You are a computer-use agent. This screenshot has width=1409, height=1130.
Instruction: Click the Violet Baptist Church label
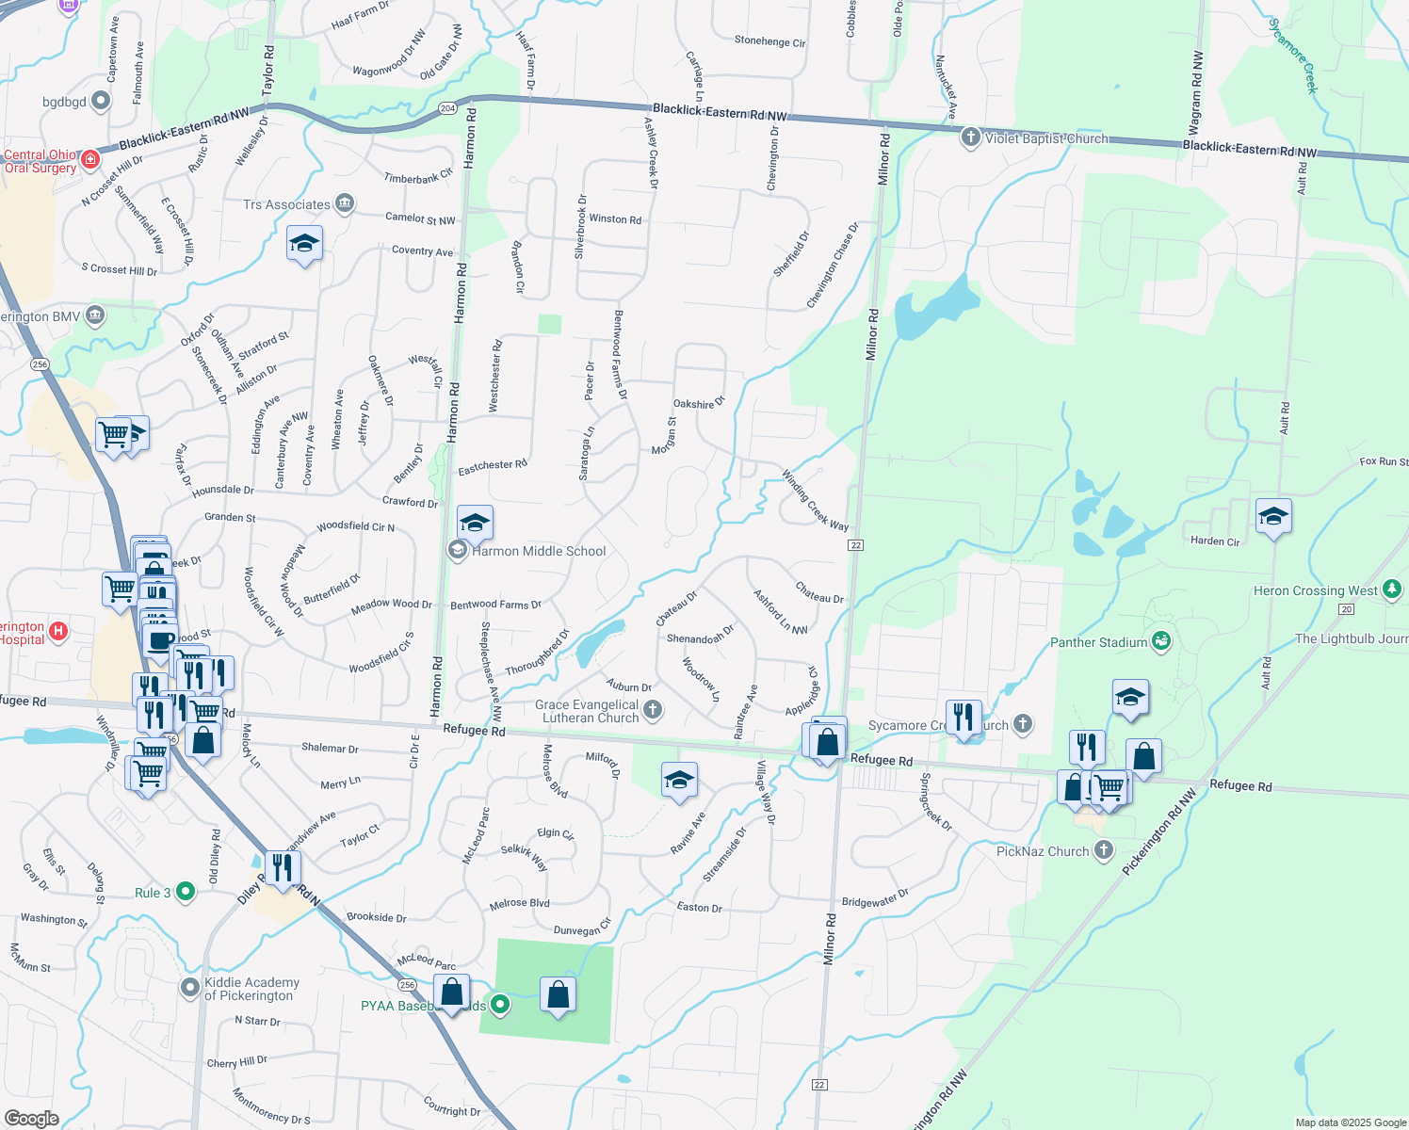[x=1046, y=138]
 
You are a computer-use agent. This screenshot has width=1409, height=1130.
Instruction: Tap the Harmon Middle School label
[x=539, y=551]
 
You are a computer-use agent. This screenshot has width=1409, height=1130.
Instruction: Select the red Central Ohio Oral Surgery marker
[x=90, y=159]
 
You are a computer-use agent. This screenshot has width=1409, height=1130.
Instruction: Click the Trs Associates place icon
[x=345, y=203]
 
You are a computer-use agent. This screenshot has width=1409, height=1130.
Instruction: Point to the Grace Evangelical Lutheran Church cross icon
[x=652, y=709]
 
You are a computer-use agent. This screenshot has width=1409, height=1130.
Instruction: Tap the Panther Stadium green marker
[x=1161, y=641]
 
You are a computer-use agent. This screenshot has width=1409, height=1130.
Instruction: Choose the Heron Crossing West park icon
[x=1392, y=589]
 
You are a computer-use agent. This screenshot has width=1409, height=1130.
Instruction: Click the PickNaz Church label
[x=1043, y=851]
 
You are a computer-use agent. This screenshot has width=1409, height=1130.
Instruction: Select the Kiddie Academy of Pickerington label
[x=251, y=989]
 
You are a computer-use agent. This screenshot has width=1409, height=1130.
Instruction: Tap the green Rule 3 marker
[x=186, y=891]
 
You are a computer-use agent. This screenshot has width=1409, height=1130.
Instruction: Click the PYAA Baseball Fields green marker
[x=500, y=1005]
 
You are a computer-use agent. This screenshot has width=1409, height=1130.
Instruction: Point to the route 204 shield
[x=447, y=108]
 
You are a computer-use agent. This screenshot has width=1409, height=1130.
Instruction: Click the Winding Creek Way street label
[x=815, y=500]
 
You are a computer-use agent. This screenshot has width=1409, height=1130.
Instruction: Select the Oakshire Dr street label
[x=699, y=403]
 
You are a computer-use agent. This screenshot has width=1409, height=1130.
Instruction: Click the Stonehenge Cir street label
[x=769, y=41]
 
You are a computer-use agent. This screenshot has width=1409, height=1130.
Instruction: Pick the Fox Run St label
[x=1384, y=461]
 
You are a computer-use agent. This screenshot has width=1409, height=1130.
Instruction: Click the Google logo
[x=31, y=1118]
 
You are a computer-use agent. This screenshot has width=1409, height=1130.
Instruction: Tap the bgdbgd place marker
[x=101, y=101]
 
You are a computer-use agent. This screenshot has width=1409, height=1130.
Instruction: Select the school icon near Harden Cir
[x=1273, y=516]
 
